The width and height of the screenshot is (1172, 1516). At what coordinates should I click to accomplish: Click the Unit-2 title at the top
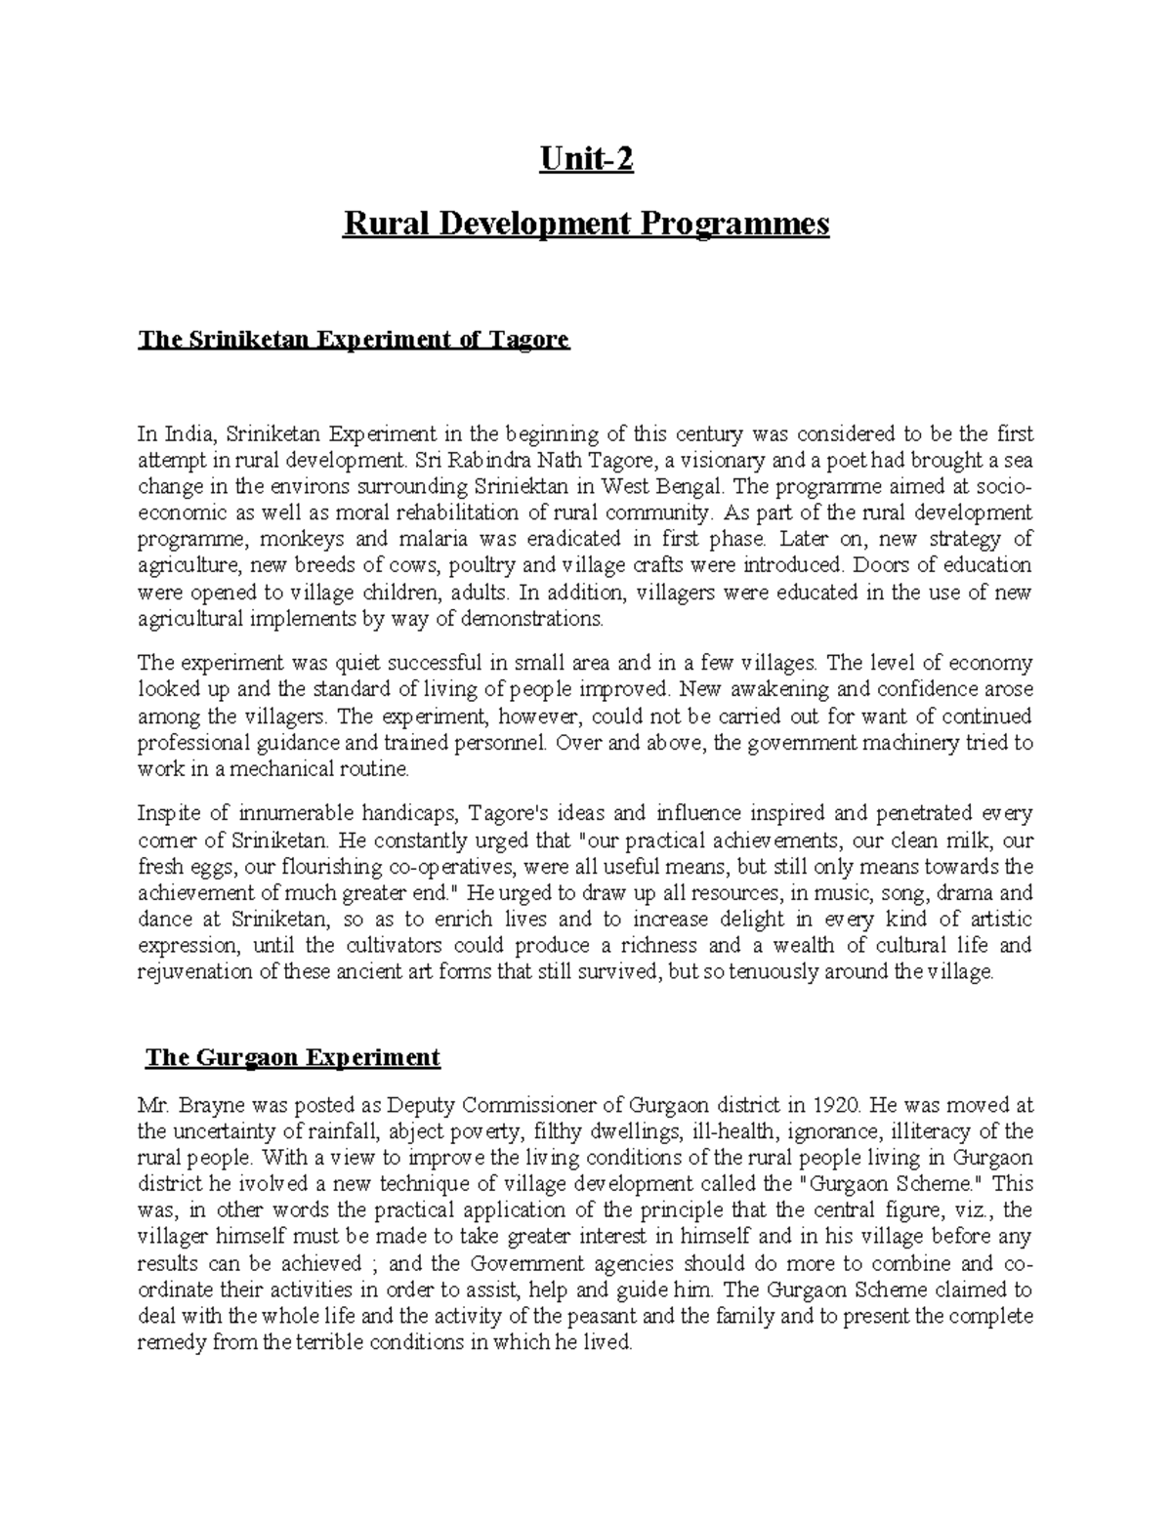click(x=587, y=158)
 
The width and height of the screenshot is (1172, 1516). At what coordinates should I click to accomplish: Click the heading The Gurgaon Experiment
click(x=292, y=1058)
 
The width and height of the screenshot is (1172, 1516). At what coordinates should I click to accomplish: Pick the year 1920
click(x=835, y=1105)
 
